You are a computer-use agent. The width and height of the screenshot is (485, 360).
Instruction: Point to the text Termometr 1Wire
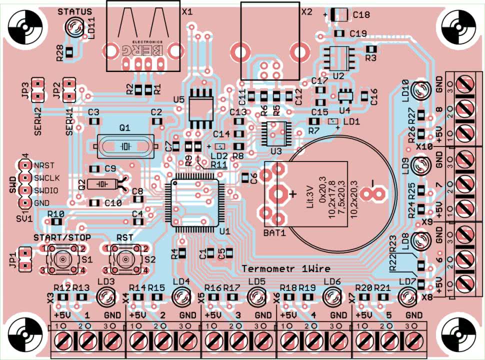tap(286, 268)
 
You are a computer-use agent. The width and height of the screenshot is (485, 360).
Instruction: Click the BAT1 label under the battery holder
tap(274, 233)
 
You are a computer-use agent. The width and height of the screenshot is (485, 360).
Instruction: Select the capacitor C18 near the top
tap(339, 15)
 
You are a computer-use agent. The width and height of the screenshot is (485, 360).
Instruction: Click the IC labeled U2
tap(338, 57)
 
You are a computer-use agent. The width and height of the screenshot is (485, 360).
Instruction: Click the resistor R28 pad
tap(69, 51)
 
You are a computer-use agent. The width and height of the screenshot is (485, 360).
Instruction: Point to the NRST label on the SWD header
tap(43, 165)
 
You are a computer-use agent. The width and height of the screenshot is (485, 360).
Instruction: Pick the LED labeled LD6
tap(332, 297)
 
